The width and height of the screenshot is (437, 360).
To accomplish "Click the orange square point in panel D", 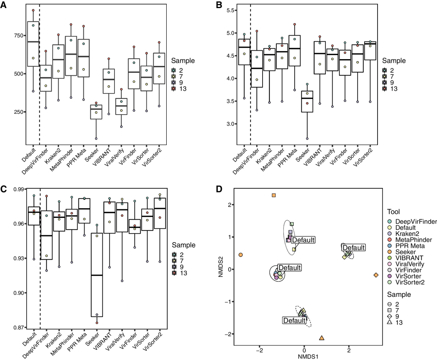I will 274,195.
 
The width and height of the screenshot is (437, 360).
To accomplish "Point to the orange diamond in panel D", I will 376,275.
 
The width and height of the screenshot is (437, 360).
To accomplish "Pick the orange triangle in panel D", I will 322,338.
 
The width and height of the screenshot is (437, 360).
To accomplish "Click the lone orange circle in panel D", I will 241,255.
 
